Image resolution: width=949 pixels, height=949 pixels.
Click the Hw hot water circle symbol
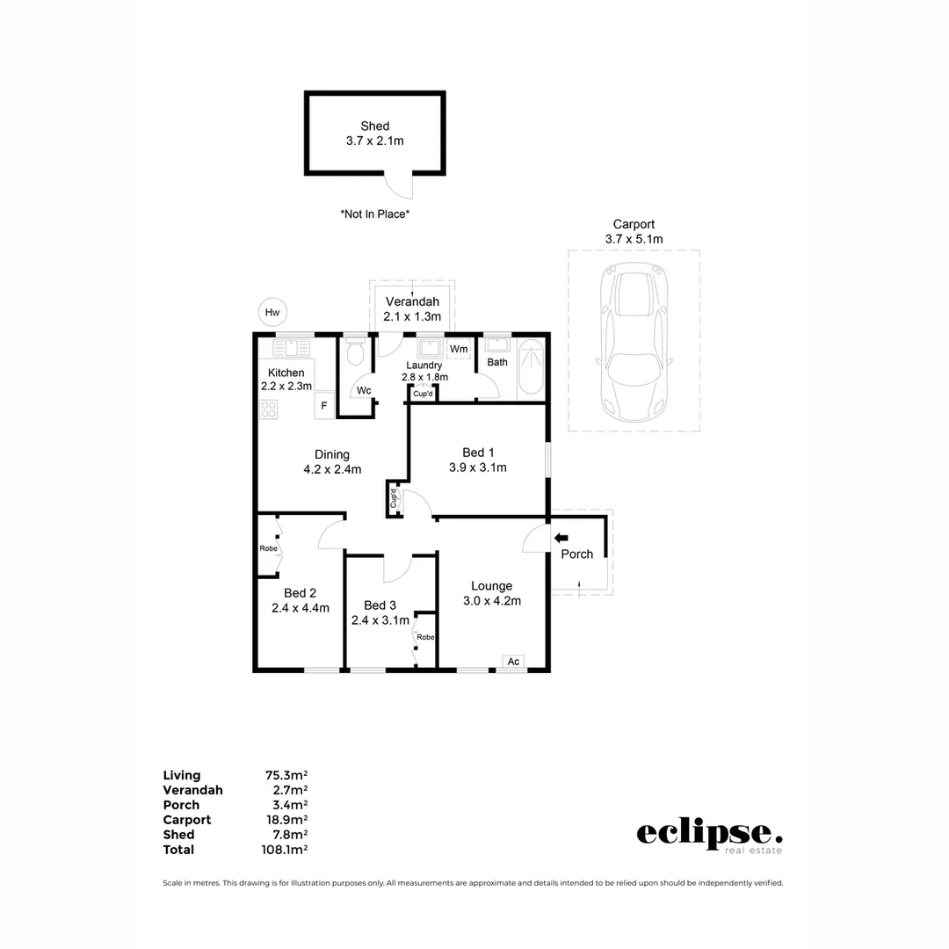(273, 312)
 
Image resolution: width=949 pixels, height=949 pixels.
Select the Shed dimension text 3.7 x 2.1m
(374, 141)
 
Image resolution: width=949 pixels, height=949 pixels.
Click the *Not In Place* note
(375, 214)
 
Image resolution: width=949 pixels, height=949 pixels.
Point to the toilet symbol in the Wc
(355, 353)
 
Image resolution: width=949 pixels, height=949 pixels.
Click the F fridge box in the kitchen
(324, 405)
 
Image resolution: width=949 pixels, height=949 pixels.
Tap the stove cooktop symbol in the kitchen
(269, 409)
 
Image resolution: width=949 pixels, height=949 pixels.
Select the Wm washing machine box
(459, 349)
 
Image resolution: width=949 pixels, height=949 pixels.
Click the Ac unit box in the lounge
(514, 662)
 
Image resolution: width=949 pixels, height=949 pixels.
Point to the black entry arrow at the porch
(561, 538)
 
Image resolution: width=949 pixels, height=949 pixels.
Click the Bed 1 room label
(478, 453)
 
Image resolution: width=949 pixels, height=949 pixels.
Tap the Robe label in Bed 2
(268, 548)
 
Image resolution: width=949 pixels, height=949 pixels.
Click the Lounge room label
(491, 586)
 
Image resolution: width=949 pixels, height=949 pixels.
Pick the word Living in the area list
(182, 775)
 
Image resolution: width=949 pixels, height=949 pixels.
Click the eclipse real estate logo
(709, 835)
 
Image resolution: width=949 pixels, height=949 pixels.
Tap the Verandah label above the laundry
(412, 301)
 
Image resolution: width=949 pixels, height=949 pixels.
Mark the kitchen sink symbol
(292, 348)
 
